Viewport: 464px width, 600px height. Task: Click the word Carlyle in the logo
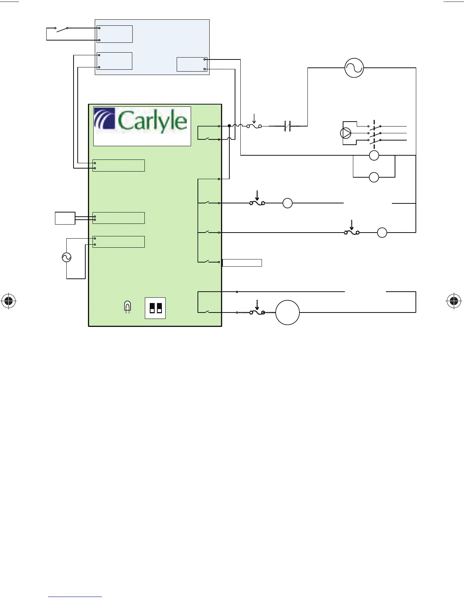pos(152,121)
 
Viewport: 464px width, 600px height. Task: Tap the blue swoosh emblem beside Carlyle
pos(104,119)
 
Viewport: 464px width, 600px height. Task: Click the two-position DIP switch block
pos(155,308)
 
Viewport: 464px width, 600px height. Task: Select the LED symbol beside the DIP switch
pos(127,306)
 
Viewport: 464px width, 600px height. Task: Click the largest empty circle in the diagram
pos(287,312)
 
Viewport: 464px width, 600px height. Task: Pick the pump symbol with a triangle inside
pos(346,133)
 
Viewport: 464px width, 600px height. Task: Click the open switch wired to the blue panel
pos(61,28)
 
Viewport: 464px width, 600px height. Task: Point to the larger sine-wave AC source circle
pos(354,68)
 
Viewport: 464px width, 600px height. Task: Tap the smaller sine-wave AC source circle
pos(66,258)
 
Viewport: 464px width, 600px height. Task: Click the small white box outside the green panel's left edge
pos(65,218)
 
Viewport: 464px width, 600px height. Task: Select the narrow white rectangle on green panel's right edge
pos(242,262)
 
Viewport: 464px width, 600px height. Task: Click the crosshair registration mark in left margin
pos(9,301)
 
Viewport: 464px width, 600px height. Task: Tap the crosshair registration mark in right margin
pos(453,301)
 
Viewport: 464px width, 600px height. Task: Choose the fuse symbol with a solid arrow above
pos(254,126)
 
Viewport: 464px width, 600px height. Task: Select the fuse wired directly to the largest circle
pos(257,312)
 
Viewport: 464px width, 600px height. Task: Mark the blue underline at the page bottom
pos(75,597)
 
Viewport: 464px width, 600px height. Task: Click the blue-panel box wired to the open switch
pos(114,34)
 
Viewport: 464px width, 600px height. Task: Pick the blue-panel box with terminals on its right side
pos(192,64)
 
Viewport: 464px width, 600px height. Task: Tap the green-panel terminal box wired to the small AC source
pos(119,242)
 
